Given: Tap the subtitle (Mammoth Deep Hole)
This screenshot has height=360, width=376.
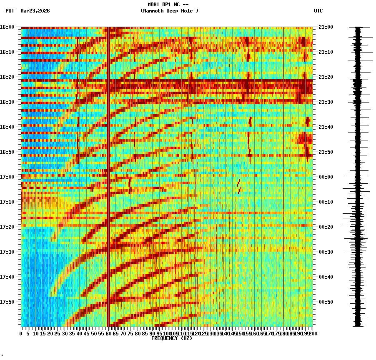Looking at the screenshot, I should click(x=169, y=11).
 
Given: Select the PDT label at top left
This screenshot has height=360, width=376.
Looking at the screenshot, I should click(x=10, y=11).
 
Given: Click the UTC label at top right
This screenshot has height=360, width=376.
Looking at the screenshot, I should click(x=318, y=11).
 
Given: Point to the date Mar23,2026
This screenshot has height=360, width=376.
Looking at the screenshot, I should click(x=35, y=11).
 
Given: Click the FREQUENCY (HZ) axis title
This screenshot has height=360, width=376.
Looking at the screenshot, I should click(x=171, y=338).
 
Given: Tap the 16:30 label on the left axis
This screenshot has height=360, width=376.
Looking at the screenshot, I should click(x=8, y=102).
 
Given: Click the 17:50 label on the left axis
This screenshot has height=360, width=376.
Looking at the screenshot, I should click(x=8, y=302).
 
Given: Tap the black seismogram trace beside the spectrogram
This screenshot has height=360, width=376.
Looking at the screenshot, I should click(x=358, y=175).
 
